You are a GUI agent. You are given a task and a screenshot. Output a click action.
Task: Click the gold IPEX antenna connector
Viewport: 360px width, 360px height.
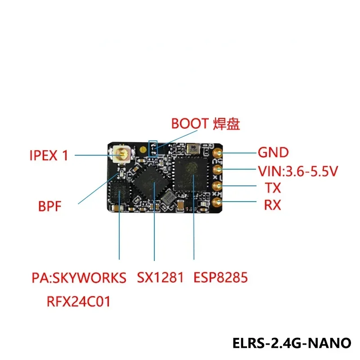(121, 155)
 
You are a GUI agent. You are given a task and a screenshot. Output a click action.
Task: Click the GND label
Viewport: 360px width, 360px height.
(273, 153)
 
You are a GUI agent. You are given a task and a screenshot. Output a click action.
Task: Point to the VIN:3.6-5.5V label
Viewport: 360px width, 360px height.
(297, 171)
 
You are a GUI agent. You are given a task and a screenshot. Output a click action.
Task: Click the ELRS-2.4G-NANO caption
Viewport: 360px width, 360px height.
(292, 343)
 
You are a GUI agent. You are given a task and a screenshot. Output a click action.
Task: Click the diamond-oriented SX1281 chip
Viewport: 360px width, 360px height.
(151, 182)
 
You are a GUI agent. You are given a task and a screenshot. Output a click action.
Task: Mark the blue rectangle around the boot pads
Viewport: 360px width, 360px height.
(153, 148)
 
